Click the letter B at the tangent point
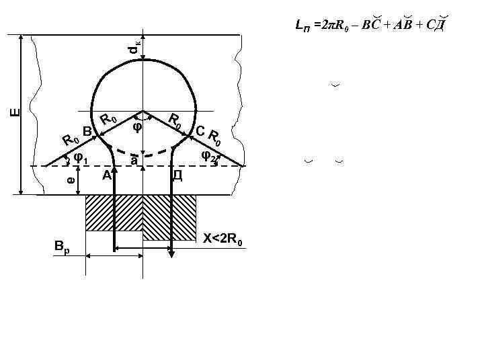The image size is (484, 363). pyautogui.click(x=87, y=132)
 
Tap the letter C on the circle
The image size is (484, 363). pyautogui.click(x=200, y=131)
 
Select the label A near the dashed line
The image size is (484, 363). pyautogui.click(x=106, y=175)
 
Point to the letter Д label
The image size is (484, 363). pyautogui.click(x=177, y=175)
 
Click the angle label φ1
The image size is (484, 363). pyautogui.click(x=81, y=159)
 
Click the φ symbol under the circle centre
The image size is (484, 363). pyautogui.click(x=138, y=126)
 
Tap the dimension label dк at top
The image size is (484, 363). pyautogui.click(x=134, y=46)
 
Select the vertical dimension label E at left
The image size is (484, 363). pyautogui.click(x=15, y=112)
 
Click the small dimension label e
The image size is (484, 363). pyautogui.click(x=71, y=180)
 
